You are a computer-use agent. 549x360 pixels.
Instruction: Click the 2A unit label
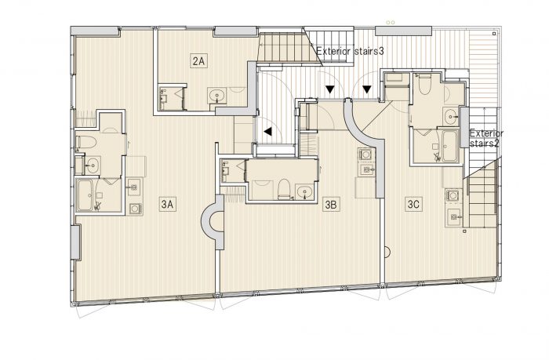[198, 62]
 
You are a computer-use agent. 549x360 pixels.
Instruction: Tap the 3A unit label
[167, 204]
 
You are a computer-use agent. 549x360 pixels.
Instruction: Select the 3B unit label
[331, 204]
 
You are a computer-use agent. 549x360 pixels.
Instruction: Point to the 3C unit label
[413, 204]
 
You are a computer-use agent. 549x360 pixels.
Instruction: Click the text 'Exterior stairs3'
[350, 51]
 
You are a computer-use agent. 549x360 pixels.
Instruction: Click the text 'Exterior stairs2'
[486, 138]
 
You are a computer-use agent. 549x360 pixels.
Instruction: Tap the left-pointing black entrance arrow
[268, 132]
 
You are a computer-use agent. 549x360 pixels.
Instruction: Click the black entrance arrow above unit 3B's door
[330, 89]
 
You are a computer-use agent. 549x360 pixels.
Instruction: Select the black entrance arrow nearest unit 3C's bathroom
[366, 89]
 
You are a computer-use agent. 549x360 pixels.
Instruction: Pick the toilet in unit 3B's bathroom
[284, 189]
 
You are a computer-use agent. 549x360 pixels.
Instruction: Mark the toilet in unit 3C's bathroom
[425, 85]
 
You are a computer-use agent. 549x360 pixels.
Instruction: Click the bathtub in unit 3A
[85, 195]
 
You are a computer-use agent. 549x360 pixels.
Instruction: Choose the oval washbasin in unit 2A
[217, 96]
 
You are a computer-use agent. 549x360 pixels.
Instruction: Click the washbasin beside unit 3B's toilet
[304, 192]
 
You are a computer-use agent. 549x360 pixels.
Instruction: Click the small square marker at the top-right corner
[494, 34]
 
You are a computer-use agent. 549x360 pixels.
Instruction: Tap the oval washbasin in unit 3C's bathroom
[451, 115]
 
